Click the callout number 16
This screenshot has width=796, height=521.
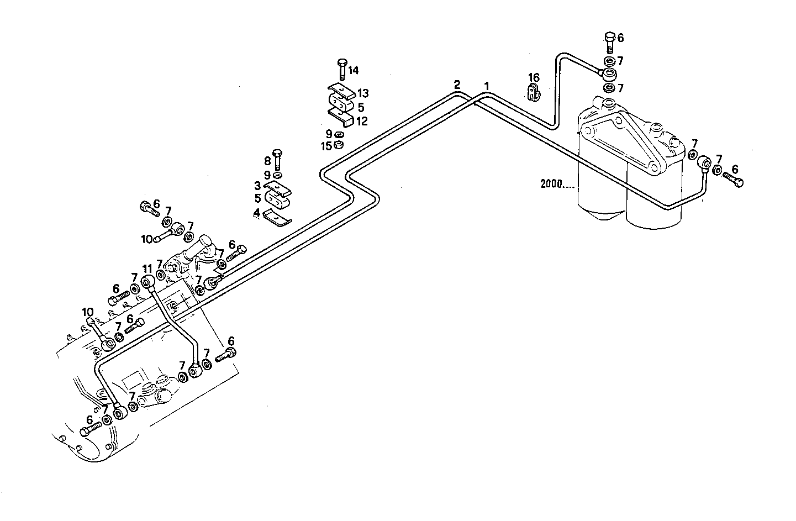pos(533,78)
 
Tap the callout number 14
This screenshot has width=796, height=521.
pos(353,70)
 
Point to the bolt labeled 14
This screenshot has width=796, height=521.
pos(340,69)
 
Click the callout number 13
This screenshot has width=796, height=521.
pos(363,93)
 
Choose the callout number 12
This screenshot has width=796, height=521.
pos(362,121)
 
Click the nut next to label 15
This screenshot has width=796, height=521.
pos(340,145)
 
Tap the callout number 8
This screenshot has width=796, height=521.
pos(267,161)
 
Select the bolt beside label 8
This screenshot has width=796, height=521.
pos(277,160)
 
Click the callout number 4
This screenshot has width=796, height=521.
pos(257,212)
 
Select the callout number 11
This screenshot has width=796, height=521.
pos(147,270)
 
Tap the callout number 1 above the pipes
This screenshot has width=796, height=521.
pos(487,86)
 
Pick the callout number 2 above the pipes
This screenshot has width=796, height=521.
pos(457,85)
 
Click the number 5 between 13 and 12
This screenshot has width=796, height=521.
pos(361,107)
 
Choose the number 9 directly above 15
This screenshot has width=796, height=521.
pos(329,134)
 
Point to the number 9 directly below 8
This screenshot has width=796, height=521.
pos(267,175)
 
